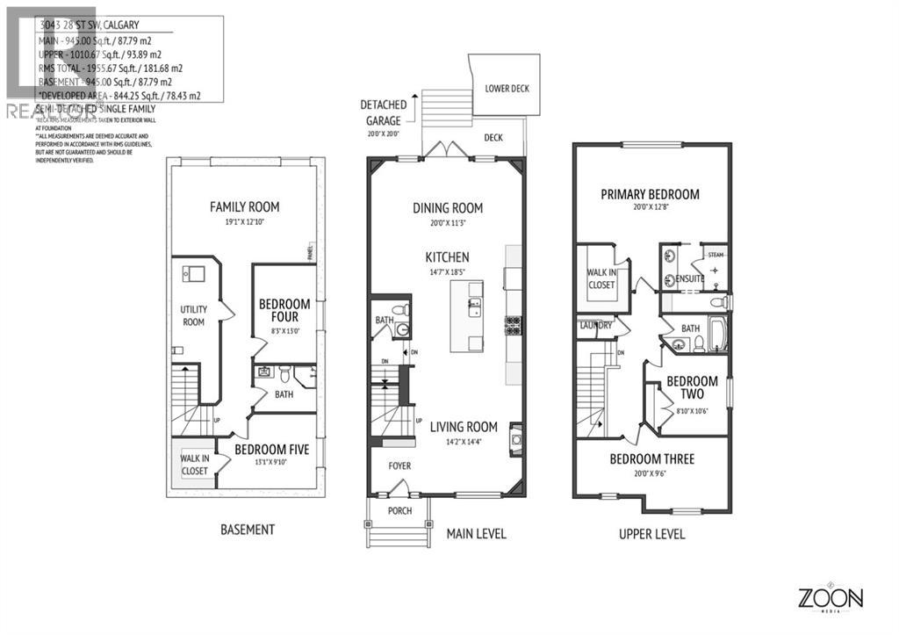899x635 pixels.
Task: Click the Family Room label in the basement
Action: pyautogui.click(x=244, y=207)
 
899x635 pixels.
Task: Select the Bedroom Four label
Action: pyautogui.click(x=278, y=310)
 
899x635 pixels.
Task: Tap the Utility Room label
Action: pyautogui.click(x=193, y=315)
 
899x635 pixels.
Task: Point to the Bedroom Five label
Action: pyautogui.click(x=271, y=450)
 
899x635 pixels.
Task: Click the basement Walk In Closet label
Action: pyautogui.click(x=194, y=464)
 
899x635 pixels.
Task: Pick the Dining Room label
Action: pyautogui.click(x=448, y=208)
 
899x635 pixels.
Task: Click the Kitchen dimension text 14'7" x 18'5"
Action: pyautogui.click(x=448, y=273)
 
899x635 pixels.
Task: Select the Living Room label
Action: pyautogui.click(x=464, y=427)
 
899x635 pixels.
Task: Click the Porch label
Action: pyautogui.click(x=399, y=510)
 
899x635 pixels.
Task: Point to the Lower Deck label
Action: pyautogui.click(x=507, y=89)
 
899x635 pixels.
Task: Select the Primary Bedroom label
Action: pyautogui.click(x=650, y=194)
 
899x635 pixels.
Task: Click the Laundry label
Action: pyautogui.click(x=594, y=326)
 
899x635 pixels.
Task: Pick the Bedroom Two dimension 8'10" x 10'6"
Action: pyautogui.click(x=691, y=410)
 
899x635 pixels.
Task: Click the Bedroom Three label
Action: pyautogui.click(x=651, y=458)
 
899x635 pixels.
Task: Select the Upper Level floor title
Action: pyautogui.click(x=651, y=534)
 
